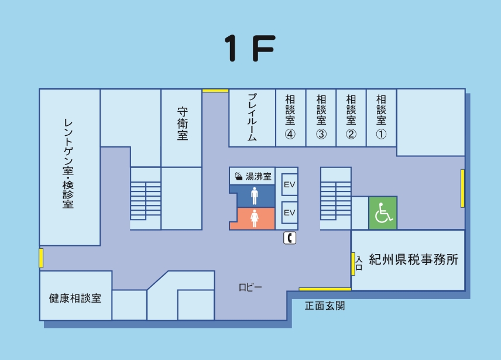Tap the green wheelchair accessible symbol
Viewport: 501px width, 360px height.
383,213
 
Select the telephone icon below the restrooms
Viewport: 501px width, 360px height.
290,238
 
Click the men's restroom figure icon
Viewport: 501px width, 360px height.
254,196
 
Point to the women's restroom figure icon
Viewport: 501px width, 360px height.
254,218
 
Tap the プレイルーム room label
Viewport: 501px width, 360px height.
252,117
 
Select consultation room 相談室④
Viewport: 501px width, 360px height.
290,117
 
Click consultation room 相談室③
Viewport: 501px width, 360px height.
321,117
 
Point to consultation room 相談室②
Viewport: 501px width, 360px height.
351,117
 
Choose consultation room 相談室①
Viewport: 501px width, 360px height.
382,117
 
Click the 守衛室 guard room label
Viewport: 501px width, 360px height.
182,123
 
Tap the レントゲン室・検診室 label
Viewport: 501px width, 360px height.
68,164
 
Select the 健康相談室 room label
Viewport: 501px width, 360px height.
75,298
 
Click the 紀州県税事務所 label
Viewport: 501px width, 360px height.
413,260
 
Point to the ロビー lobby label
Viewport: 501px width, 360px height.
250,287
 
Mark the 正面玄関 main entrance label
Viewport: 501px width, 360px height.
325,306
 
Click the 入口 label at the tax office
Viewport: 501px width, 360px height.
359,262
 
